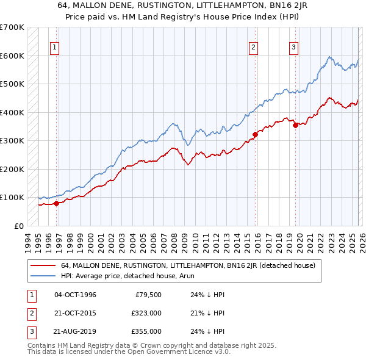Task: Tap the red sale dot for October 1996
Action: (x=57, y=203)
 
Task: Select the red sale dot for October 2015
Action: (x=256, y=134)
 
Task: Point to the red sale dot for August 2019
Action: (x=295, y=125)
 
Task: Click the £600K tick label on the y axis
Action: (x=12, y=56)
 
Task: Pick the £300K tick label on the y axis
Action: (x=12, y=140)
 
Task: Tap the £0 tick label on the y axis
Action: (x=18, y=226)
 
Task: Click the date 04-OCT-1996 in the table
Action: (x=75, y=295)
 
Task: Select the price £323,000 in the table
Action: (x=147, y=313)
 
